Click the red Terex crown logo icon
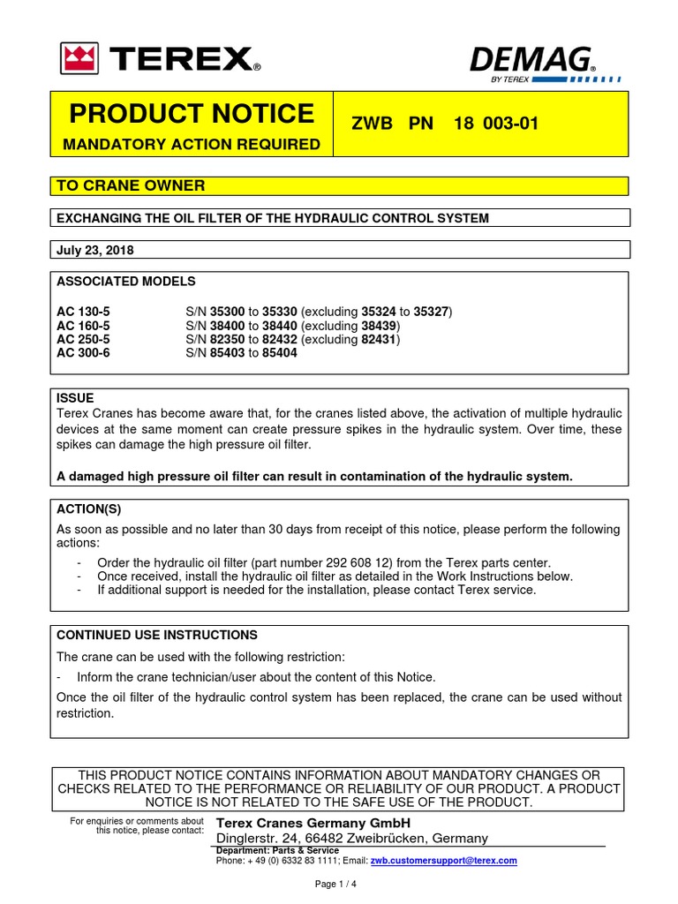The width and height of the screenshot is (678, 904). [x=79, y=58]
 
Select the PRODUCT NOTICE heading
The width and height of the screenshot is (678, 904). [x=192, y=114]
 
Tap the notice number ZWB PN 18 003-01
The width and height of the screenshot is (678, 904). [x=446, y=124]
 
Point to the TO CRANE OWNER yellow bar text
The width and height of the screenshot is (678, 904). [x=131, y=185]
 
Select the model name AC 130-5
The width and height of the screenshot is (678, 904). [x=85, y=313]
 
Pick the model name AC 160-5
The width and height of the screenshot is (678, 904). [x=85, y=326]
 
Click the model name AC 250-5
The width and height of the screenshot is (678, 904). [x=85, y=339]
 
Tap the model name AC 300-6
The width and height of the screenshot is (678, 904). [x=85, y=352]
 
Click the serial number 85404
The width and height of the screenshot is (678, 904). [x=280, y=352]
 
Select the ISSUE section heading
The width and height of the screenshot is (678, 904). [x=75, y=398]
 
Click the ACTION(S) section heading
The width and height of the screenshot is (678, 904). [x=88, y=508]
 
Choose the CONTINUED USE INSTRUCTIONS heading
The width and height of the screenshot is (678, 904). [x=157, y=635]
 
